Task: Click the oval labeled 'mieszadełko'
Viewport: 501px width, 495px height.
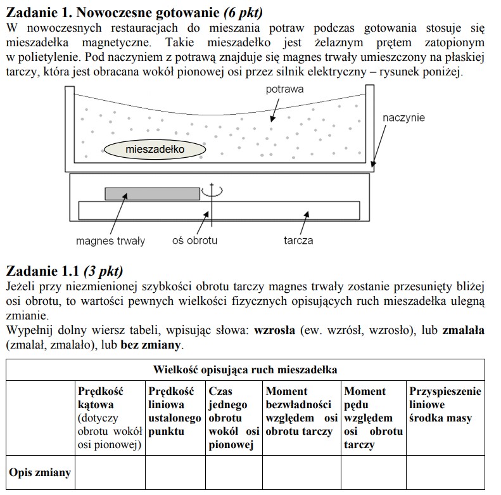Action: point(155,150)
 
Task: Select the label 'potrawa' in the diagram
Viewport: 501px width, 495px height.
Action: point(284,89)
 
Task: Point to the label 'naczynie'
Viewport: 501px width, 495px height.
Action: point(403,118)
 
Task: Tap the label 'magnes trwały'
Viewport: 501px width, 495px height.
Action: point(110,241)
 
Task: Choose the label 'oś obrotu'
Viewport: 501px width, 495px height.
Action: point(195,241)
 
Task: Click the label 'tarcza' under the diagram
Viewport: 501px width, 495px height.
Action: point(298,241)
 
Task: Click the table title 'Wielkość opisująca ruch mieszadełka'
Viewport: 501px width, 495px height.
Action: point(245,370)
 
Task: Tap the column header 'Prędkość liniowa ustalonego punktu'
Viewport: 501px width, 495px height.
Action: point(174,411)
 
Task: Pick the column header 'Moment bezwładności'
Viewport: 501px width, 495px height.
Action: point(301,411)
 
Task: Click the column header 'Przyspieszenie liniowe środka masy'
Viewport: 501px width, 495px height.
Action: point(445,405)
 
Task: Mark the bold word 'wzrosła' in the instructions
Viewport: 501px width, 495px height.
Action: point(274,331)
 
